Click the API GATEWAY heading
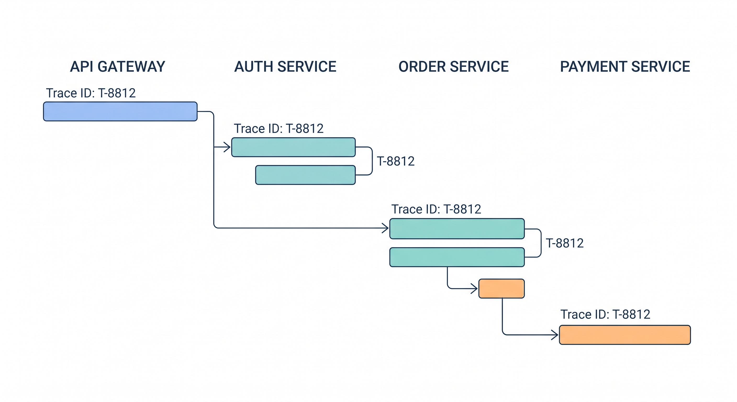(x=118, y=67)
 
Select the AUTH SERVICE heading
(x=285, y=67)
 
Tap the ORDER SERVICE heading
(x=454, y=67)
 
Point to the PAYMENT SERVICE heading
(x=625, y=67)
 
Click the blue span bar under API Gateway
(x=120, y=111)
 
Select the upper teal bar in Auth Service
(x=293, y=147)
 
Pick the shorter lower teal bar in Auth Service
(x=305, y=175)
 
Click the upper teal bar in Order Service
(x=457, y=228)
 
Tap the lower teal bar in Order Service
(x=457, y=257)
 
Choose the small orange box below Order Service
(x=501, y=288)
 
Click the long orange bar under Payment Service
(x=625, y=335)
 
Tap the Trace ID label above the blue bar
(x=91, y=93)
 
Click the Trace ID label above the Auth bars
(x=279, y=129)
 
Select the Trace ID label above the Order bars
(x=436, y=209)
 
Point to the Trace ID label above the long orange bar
(x=605, y=314)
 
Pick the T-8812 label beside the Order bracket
(x=565, y=243)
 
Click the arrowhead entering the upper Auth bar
(x=228, y=147)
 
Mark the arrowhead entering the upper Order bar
(x=386, y=228)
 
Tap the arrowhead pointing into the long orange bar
(x=555, y=334)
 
